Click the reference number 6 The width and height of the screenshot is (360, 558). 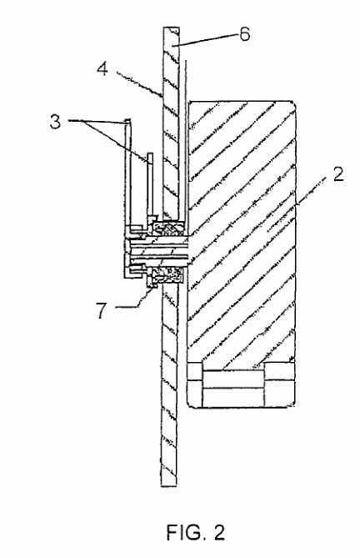pos(244,35)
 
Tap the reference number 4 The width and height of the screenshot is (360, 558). pos(102,68)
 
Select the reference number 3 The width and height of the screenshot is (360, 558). pos(56,122)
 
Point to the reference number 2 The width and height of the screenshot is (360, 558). pos(338,174)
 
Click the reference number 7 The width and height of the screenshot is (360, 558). pos(102,310)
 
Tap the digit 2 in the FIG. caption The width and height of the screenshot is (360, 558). pos(219,532)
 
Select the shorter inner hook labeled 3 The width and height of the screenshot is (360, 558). pos(151,185)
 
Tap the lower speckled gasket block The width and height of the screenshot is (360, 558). pos(168,275)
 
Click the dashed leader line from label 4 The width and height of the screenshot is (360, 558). pos(139,83)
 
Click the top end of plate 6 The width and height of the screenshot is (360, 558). pos(172,28)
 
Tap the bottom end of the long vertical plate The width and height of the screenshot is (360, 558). pos(169,485)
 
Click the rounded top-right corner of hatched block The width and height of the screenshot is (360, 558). pos(292,103)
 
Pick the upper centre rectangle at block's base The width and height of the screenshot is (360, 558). pos(233,379)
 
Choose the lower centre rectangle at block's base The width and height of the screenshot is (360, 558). pos(233,397)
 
